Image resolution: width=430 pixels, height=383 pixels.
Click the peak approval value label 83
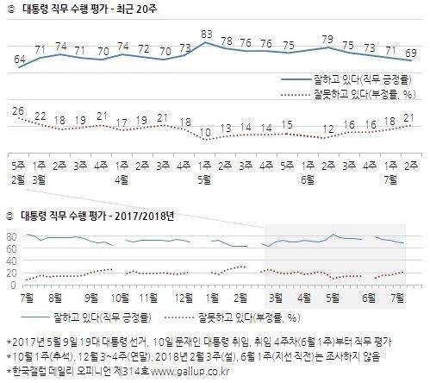pos(207,35)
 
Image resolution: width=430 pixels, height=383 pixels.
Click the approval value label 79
pos(327,39)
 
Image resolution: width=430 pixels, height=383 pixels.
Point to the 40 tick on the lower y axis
pos(13,260)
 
